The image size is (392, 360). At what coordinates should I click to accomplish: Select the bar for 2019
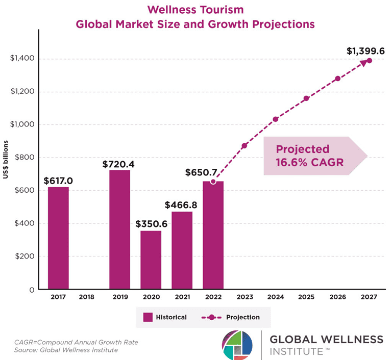[x=119, y=229]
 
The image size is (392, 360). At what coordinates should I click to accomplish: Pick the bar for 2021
[x=182, y=250]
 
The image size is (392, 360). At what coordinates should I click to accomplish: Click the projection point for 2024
[x=276, y=119]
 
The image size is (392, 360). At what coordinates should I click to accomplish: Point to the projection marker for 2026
[x=338, y=79]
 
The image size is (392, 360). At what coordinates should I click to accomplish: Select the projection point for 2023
[x=244, y=146]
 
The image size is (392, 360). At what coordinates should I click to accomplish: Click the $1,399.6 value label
[x=365, y=50]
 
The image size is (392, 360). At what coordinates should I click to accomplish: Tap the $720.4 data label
[x=120, y=164]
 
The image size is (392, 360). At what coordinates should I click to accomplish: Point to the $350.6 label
[x=151, y=224]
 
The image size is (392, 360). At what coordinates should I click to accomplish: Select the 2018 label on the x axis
[x=89, y=297]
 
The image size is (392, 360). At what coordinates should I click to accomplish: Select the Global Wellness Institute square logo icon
[x=238, y=345]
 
